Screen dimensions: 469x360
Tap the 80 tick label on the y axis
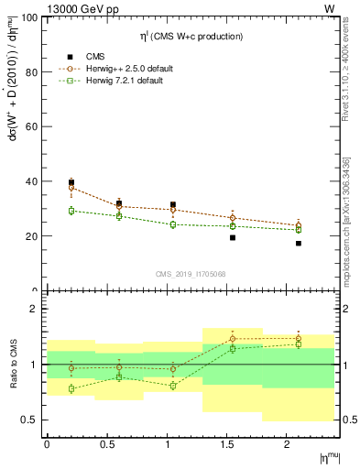(x=29, y=71)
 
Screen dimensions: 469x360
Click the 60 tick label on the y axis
(x=29, y=126)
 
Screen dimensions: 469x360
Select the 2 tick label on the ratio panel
(x=33, y=310)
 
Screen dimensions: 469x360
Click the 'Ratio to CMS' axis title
(x=12, y=364)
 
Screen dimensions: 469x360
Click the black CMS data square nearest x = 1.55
(x=233, y=237)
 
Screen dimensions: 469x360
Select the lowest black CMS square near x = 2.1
(x=299, y=244)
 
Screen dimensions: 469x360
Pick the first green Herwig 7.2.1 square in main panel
(x=71, y=211)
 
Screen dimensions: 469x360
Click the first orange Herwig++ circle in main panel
(x=71, y=188)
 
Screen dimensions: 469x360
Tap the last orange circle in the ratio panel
(x=299, y=339)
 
